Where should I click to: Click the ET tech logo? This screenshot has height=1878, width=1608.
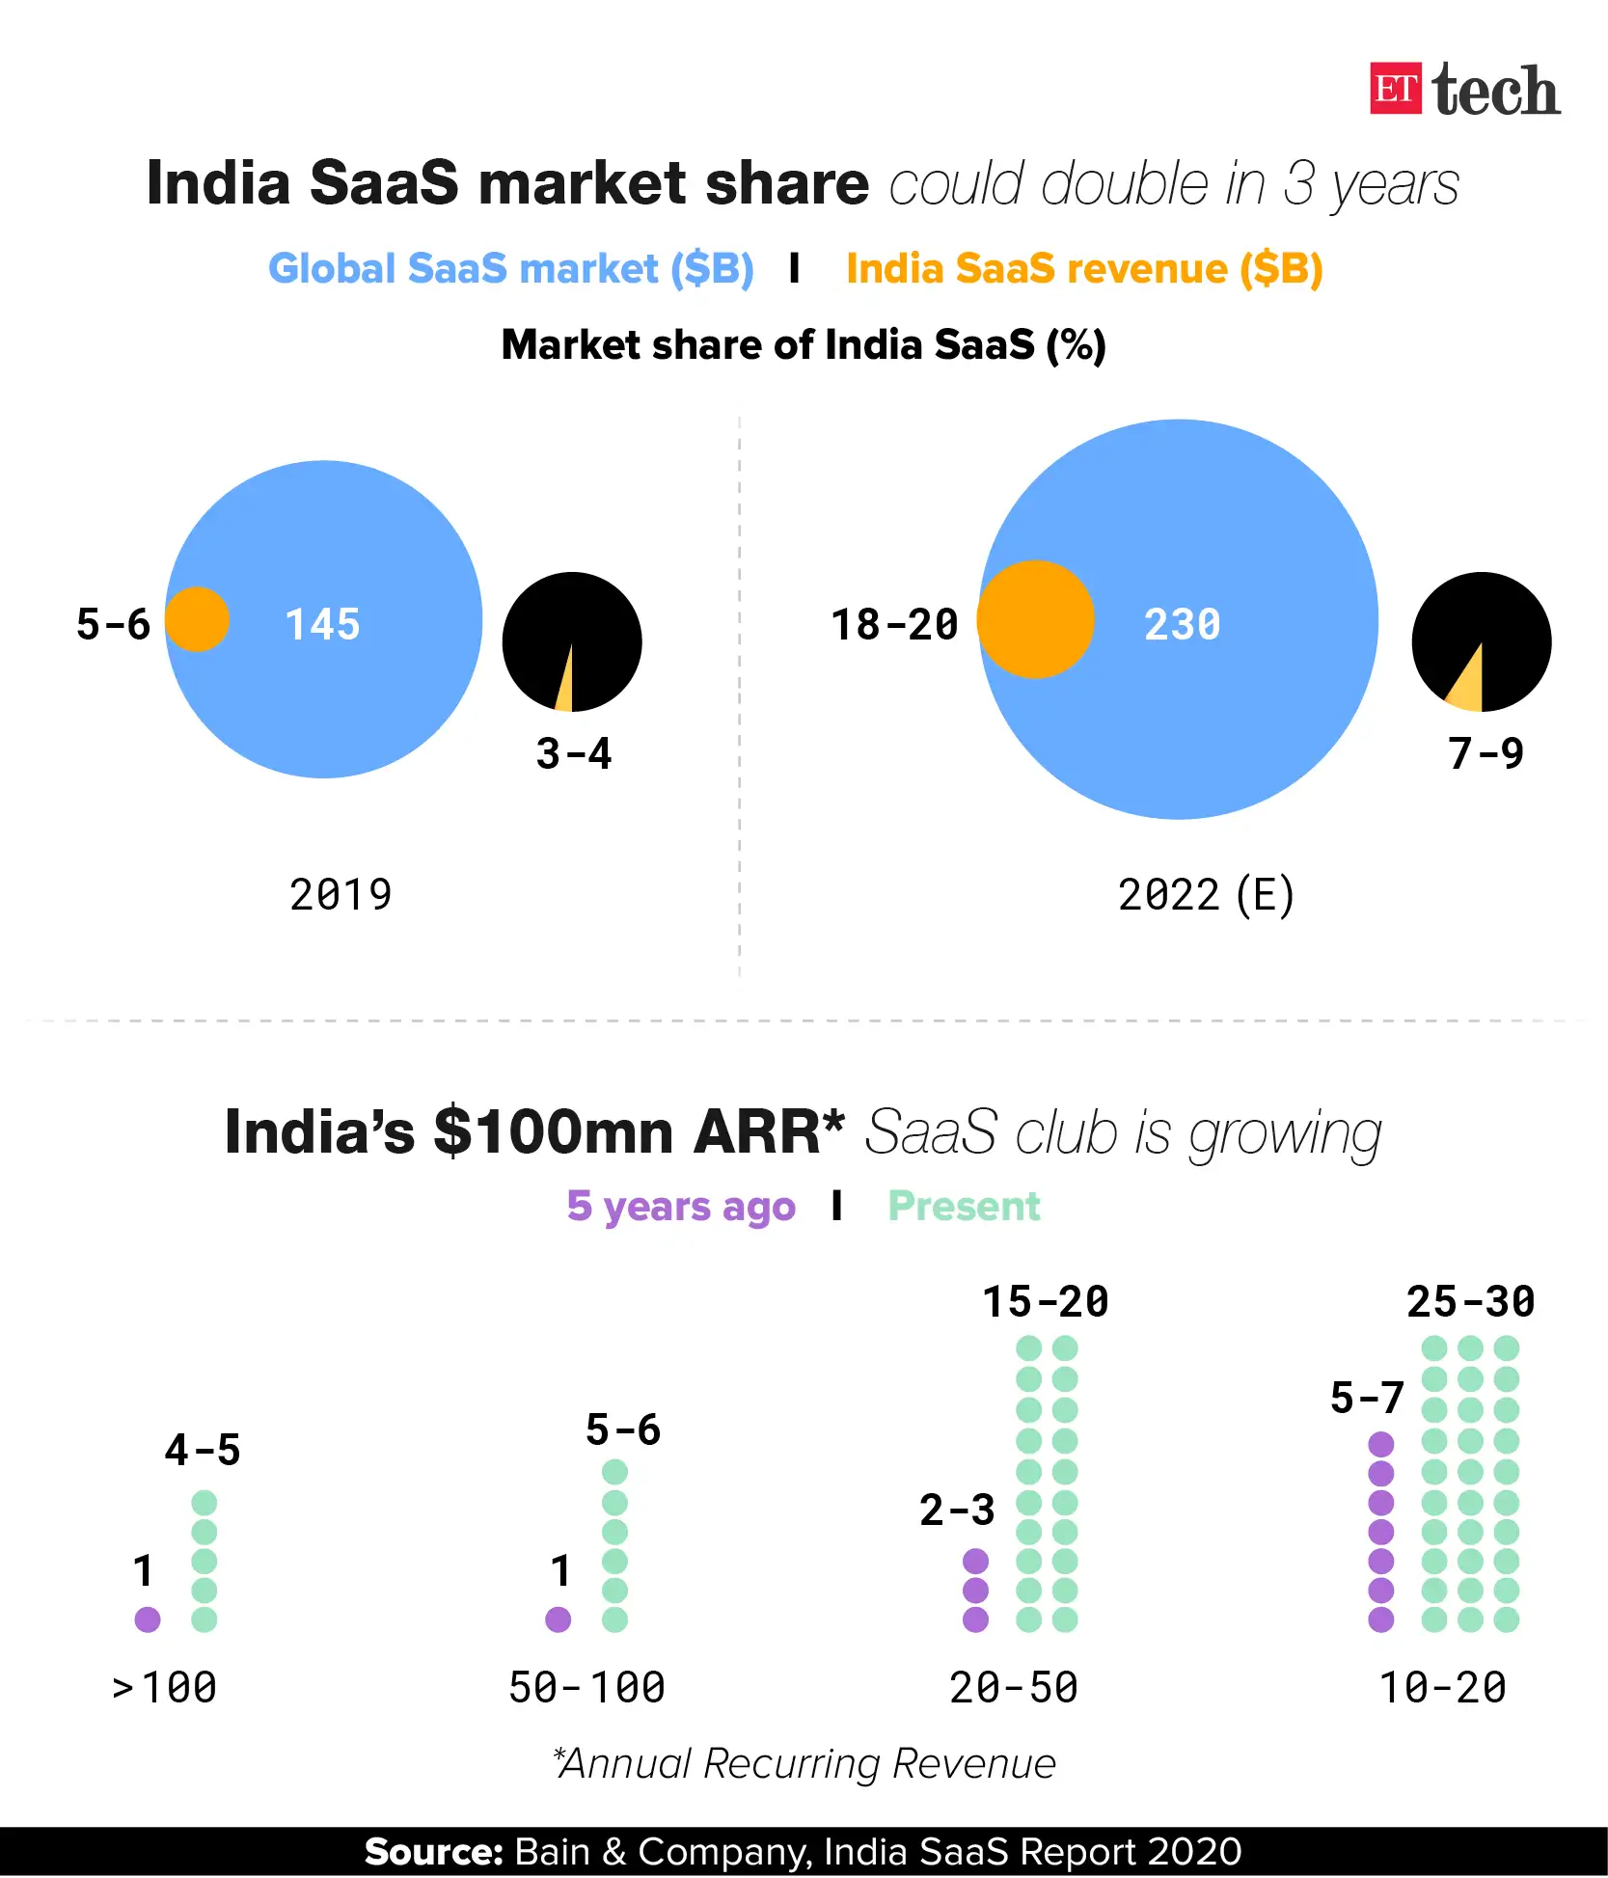[x=1464, y=91]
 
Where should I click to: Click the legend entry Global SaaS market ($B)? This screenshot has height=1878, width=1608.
[x=510, y=268]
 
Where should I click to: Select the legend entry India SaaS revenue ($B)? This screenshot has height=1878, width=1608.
[x=1083, y=268]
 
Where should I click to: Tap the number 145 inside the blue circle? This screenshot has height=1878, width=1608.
[x=322, y=625]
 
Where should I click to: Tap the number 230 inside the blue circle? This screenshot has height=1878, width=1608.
[x=1182, y=625]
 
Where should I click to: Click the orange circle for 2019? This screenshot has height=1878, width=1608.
[x=198, y=619]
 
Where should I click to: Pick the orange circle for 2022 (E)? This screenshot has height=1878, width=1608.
[x=1036, y=619]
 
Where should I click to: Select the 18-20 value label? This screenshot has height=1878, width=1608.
[x=894, y=625]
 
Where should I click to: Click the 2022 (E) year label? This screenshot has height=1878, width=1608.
[x=1206, y=895]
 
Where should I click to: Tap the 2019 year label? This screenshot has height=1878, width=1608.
[x=341, y=895]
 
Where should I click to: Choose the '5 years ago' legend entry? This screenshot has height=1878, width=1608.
[x=681, y=1207]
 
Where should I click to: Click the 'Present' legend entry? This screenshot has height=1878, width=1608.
[x=964, y=1207]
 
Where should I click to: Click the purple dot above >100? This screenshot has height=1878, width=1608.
[x=148, y=1619]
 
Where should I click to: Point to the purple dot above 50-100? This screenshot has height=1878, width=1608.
[x=559, y=1619]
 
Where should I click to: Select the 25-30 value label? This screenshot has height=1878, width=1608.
[x=1470, y=1302]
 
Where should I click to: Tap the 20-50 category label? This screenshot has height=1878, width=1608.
[x=1014, y=1688]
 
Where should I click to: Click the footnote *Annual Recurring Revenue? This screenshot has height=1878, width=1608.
[x=804, y=1764]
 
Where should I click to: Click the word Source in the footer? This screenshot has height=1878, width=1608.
[x=433, y=1852]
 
